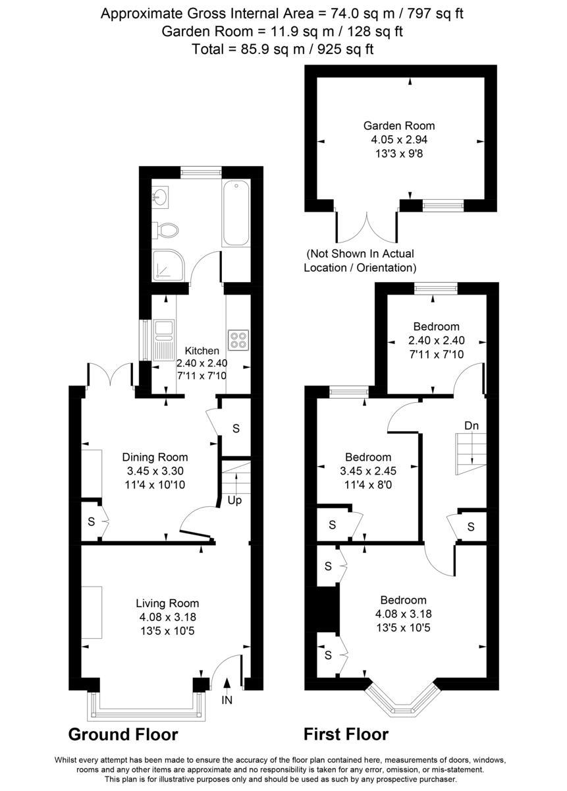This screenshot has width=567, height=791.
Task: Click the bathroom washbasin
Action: [161, 195]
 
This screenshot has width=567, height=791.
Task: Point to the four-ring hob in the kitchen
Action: [238, 339]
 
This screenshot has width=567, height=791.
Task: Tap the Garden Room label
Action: [399, 126]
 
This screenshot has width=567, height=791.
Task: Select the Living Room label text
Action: [167, 603]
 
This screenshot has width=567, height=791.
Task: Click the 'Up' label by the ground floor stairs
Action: [234, 500]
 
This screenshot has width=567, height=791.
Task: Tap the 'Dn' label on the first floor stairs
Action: [472, 426]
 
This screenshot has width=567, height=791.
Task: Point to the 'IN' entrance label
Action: [227, 701]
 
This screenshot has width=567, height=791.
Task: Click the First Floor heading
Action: [346, 734]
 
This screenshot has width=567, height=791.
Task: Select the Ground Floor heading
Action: [123, 734]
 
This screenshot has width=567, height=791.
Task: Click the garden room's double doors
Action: [366, 227]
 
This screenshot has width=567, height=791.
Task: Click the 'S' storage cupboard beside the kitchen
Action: [236, 428]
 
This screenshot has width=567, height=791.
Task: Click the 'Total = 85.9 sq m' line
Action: [283, 49]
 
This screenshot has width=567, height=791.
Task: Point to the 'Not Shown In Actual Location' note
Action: [360, 260]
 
